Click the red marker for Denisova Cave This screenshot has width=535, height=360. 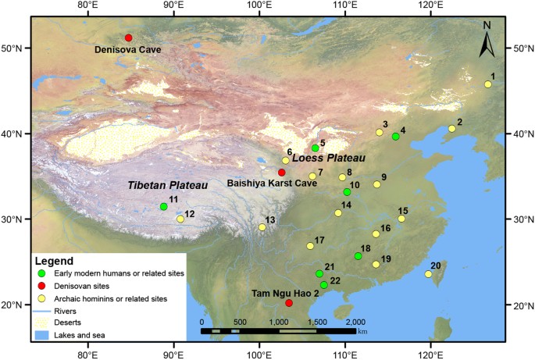[x=128, y=37]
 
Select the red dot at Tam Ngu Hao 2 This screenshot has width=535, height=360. [x=289, y=303]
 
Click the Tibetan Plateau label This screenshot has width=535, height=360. [x=168, y=186]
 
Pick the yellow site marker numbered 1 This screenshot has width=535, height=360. [x=488, y=84]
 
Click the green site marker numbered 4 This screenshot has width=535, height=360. [x=396, y=137]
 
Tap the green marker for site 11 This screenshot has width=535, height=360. [x=163, y=207]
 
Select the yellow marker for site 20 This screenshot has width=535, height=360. [x=428, y=274]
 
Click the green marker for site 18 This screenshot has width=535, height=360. [x=358, y=256]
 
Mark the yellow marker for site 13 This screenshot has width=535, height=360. [x=262, y=227]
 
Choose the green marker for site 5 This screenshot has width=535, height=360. [x=316, y=148]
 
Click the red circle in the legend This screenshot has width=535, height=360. [x=41, y=287]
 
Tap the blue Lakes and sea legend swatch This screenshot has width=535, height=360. [x=41, y=334]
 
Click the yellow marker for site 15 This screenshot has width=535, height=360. [x=401, y=219]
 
